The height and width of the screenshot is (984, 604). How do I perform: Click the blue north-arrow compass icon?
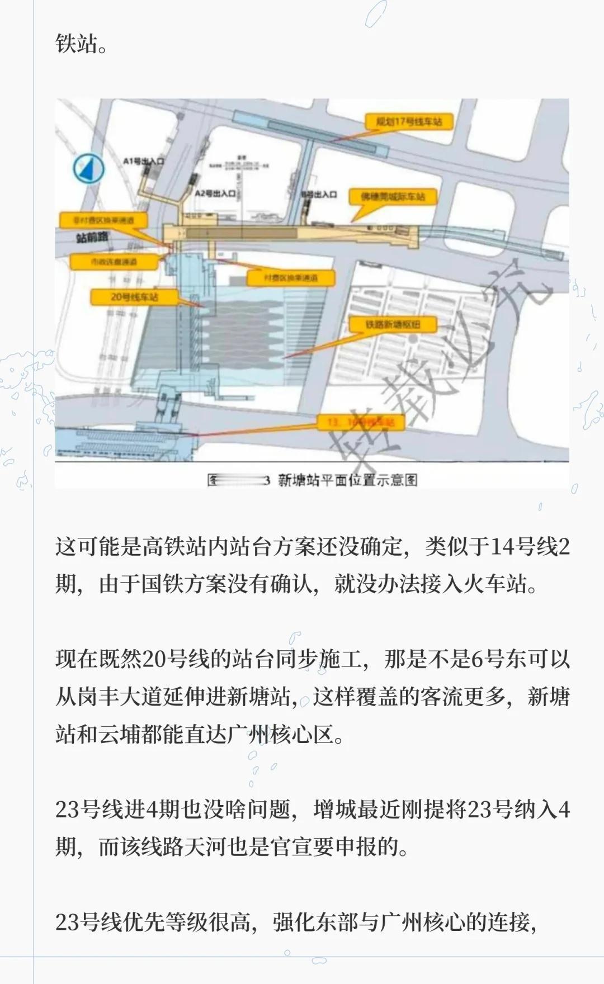[x=89, y=168]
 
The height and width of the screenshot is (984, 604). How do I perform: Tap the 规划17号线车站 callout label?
[x=408, y=121]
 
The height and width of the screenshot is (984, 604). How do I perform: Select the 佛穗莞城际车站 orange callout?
[x=393, y=197]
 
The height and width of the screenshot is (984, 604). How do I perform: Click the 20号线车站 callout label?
[x=134, y=297]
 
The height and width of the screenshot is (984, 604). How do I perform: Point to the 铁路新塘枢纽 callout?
[x=393, y=325]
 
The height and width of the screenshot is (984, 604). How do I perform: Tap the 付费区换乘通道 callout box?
[x=291, y=277]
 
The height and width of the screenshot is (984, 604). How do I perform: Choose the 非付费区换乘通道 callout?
[x=103, y=220]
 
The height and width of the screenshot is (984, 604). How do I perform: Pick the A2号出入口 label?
[x=215, y=193]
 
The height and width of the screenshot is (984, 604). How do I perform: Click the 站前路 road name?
[x=92, y=238]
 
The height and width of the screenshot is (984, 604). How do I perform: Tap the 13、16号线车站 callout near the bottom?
[x=361, y=422]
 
